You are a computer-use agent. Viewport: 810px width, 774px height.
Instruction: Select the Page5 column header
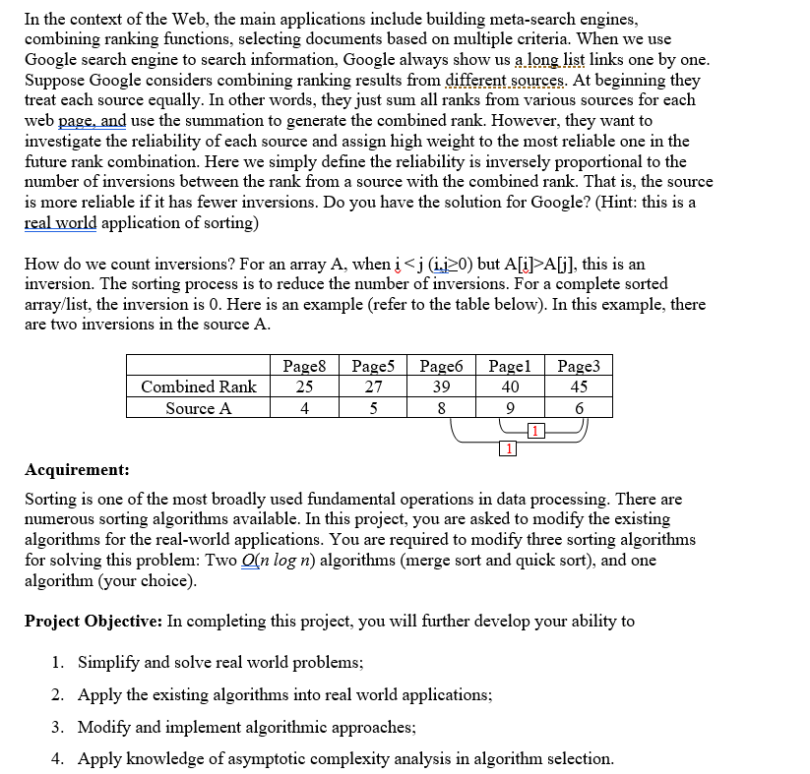(x=373, y=366)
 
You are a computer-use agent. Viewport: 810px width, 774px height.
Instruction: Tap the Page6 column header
(x=442, y=366)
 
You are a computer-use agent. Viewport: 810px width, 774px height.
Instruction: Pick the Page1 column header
(x=510, y=366)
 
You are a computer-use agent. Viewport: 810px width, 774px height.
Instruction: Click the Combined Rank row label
(x=199, y=387)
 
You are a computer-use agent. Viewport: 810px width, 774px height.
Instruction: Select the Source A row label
(x=199, y=408)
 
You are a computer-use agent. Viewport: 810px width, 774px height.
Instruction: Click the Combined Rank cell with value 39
(x=442, y=387)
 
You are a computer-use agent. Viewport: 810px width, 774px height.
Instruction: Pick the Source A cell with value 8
(x=442, y=408)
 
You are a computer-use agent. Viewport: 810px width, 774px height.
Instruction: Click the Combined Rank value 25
(x=305, y=387)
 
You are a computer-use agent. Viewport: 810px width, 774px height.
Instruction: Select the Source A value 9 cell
(x=510, y=408)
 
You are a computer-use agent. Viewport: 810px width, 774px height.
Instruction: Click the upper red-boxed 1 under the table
(x=532, y=430)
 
